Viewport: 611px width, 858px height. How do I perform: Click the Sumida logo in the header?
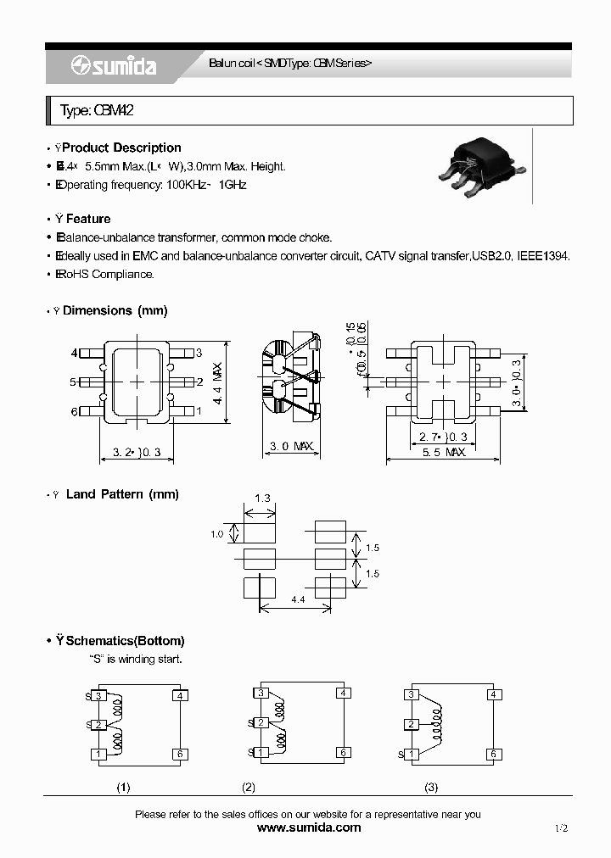[x=114, y=66]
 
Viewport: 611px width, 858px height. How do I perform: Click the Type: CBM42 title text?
[x=97, y=111]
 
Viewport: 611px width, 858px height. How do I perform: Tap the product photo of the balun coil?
[x=479, y=167]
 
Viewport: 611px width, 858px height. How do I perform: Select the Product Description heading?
[x=121, y=148]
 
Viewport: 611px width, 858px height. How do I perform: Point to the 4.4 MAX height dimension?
[x=217, y=382]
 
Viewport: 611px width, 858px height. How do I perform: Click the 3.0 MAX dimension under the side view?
[x=291, y=446]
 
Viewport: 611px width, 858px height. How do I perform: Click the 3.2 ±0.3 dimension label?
[x=137, y=453]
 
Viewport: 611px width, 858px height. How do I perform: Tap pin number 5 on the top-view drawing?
[x=74, y=382]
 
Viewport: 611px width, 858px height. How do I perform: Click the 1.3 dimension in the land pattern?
[x=262, y=499]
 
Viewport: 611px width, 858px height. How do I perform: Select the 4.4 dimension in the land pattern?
[x=298, y=599]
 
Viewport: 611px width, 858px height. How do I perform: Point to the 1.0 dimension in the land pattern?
[x=218, y=534]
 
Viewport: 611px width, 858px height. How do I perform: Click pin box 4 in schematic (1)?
[x=179, y=696]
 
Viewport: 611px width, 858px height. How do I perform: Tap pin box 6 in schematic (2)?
[x=344, y=752]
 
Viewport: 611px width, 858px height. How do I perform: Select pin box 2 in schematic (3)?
[x=412, y=724]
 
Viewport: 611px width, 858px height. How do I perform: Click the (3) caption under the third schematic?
[x=431, y=788]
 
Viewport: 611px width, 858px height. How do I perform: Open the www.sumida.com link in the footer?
[x=308, y=828]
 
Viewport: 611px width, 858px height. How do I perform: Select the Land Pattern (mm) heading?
[x=121, y=494]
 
